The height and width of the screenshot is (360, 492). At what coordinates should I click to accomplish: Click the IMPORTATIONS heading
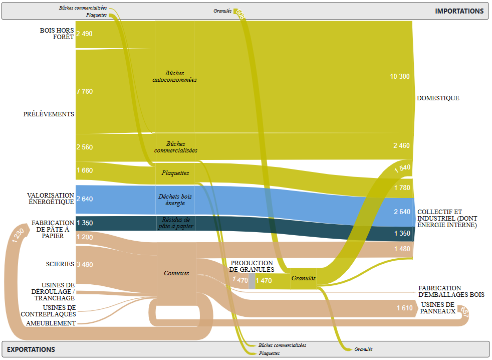click(x=459, y=11)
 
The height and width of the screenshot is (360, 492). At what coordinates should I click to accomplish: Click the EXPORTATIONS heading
click(x=31, y=349)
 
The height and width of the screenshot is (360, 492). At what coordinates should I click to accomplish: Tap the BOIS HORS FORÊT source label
click(x=57, y=34)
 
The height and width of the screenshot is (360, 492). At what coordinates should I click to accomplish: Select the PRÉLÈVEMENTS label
click(x=49, y=114)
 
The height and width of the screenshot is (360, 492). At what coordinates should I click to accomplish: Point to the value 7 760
click(x=85, y=91)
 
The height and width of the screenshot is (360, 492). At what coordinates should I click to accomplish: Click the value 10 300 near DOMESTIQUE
click(x=400, y=76)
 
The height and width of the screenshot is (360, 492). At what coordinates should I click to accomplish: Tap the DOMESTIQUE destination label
click(x=438, y=98)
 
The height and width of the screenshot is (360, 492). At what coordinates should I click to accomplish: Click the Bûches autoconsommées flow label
click(x=174, y=76)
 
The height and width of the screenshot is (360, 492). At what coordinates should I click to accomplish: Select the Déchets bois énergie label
click(x=175, y=200)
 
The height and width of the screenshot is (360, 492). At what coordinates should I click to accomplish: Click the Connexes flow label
click(x=176, y=273)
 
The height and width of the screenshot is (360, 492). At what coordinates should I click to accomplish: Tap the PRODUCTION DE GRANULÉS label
click(x=252, y=266)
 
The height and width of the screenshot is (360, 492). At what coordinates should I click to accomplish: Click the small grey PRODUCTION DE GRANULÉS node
click(x=252, y=281)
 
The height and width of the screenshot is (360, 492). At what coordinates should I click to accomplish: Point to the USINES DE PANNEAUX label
click(x=438, y=307)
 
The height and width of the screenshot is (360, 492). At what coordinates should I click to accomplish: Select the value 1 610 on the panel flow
click(x=404, y=308)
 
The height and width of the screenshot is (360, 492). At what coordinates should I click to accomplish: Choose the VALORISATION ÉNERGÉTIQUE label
click(x=51, y=199)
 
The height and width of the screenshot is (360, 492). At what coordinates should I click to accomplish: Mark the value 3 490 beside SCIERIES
click(x=85, y=264)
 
